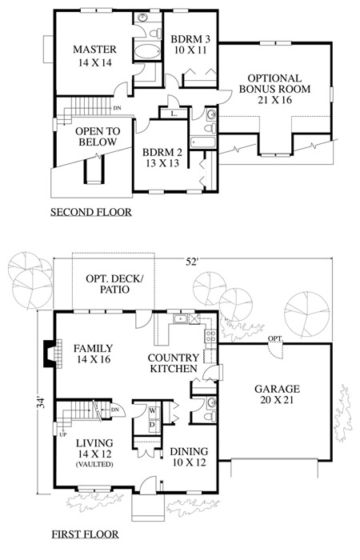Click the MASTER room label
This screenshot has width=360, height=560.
[x=94, y=50]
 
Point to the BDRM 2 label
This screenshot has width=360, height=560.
[x=162, y=153]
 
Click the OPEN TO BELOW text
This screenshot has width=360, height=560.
[x=98, y=137]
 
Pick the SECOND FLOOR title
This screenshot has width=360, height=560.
[x=91, y=212]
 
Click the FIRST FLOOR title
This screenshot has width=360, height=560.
[x=86, y=534]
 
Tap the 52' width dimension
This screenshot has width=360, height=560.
[x=191, y=262]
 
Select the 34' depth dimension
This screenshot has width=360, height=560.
[x=42, y=402]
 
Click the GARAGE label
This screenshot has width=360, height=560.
[x=277, y=389]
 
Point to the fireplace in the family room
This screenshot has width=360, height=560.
[x=50, y=354]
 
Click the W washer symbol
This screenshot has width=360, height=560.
[x=153, y=410]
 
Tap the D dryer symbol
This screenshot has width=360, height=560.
[x=152, y=425]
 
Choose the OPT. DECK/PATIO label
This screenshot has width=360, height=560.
[x=114, y=284]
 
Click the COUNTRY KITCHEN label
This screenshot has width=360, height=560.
[x=174, y=363]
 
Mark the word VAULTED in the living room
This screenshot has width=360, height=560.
[x=94, y=464]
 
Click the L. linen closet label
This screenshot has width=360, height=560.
[x=174, y=114]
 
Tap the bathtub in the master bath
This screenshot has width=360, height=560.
[x=147, y=52]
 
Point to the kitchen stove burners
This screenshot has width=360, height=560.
[x=210, y=336]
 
